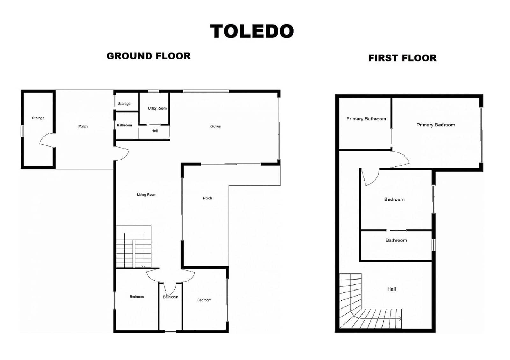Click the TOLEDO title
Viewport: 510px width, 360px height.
252,32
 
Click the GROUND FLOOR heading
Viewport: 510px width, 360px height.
149,56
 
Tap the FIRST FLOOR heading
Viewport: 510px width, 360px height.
402,58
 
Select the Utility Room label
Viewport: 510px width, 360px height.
157,108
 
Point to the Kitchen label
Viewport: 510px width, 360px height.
215,126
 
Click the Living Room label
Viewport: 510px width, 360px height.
146,195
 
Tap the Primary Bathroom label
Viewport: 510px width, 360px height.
366,119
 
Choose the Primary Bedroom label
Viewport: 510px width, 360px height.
435,125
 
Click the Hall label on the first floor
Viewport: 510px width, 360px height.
391,289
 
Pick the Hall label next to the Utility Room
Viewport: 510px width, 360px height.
155,131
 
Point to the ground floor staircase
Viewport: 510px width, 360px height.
134,247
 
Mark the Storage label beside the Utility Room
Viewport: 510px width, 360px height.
124,104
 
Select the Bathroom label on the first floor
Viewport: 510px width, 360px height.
396,240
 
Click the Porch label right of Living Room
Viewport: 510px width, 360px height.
208,198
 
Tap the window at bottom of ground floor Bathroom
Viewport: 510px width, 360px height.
170,331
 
